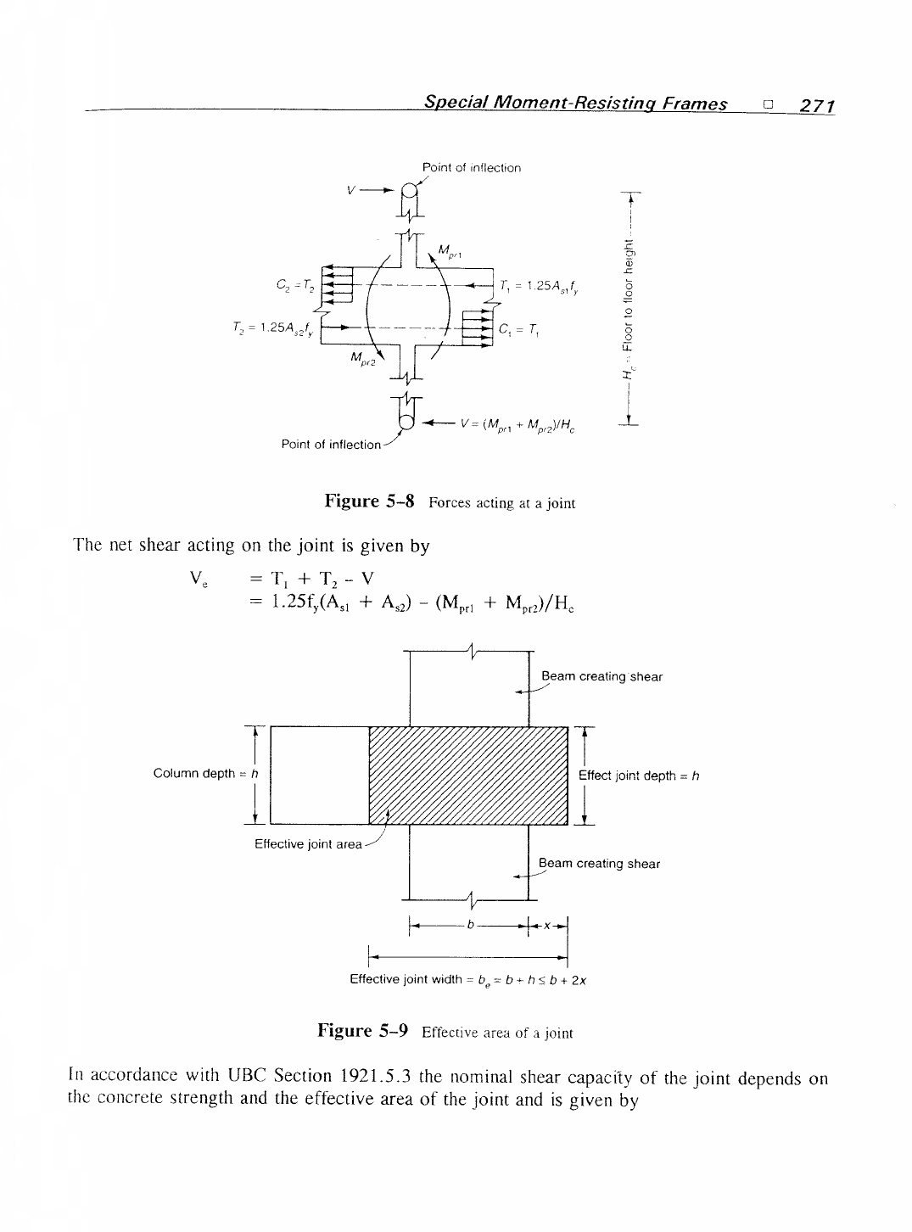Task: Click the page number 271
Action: (x=817, y=105)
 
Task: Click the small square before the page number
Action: (x=768, y=104)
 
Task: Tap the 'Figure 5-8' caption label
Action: (x=369, y=501)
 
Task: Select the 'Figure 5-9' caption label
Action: (x=363, y=1031)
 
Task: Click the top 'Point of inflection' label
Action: (x=472, y=168)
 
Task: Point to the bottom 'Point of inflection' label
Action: (x=331, y=445)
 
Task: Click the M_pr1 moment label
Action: (x=450, y=252)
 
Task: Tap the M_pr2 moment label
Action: (x=363, y=358)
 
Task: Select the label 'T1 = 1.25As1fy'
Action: (x=539, y=287)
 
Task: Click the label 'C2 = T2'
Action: (x=295, y=286)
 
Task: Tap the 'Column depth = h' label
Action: (x=206, y=773)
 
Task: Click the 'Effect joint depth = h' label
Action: (x=639, y=776)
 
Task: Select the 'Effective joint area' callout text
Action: (x=308, y=844)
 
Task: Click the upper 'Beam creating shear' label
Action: (x=602, y=676)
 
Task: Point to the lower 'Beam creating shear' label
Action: (x=599, y=863)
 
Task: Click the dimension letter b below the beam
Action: (x=471, y=925)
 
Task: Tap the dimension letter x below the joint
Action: (x=547, y=926)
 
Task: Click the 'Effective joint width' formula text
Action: (x=468, y=979)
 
